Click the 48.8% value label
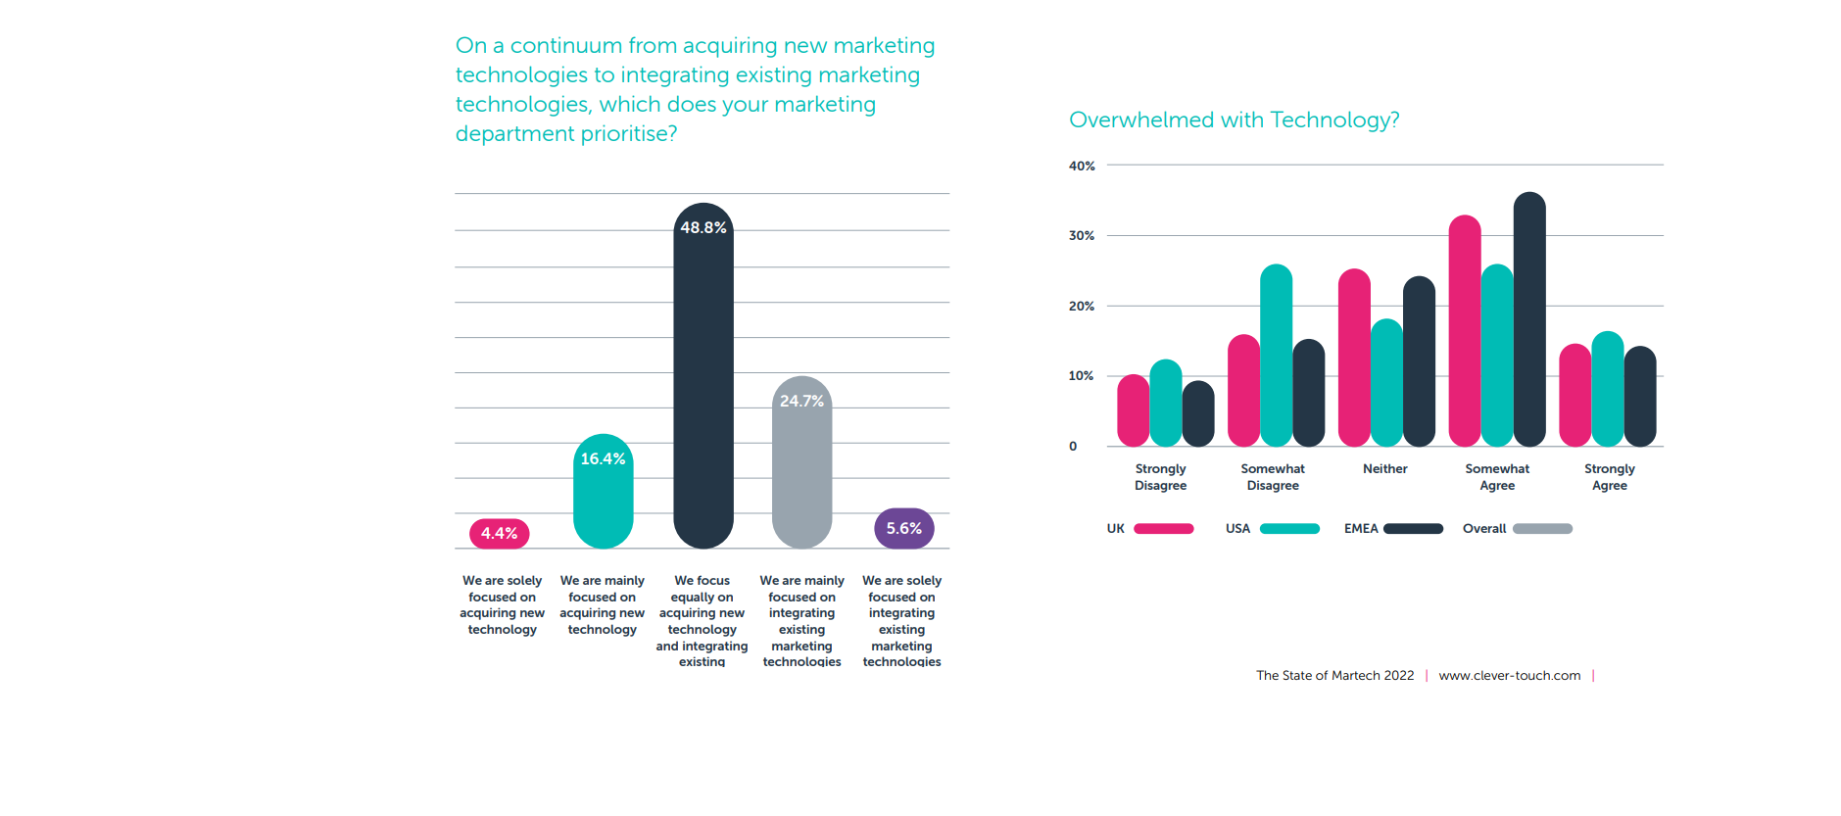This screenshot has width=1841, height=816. coord(703,227)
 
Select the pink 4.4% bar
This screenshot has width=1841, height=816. coord(500,534)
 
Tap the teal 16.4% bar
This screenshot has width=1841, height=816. coord(604,495)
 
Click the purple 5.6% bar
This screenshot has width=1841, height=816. coord(904,529)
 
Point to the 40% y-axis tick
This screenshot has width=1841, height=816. coord(1082,167)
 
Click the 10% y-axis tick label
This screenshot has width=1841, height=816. coord(1081,376)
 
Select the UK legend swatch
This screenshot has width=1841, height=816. coord(1164,529)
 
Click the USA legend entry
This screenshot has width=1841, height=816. coord(1272,529)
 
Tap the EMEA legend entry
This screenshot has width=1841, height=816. coord(1392,529)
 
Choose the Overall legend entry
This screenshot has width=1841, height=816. coord(1517,529)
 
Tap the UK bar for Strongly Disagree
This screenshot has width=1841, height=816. coord(1133,410)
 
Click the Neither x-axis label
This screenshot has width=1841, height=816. coord(1384,469)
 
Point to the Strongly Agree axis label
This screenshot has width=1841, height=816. coord(1609,477)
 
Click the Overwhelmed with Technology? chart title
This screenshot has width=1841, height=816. coord(1234,120)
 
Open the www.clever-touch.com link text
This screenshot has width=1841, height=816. coord(1509,676)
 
